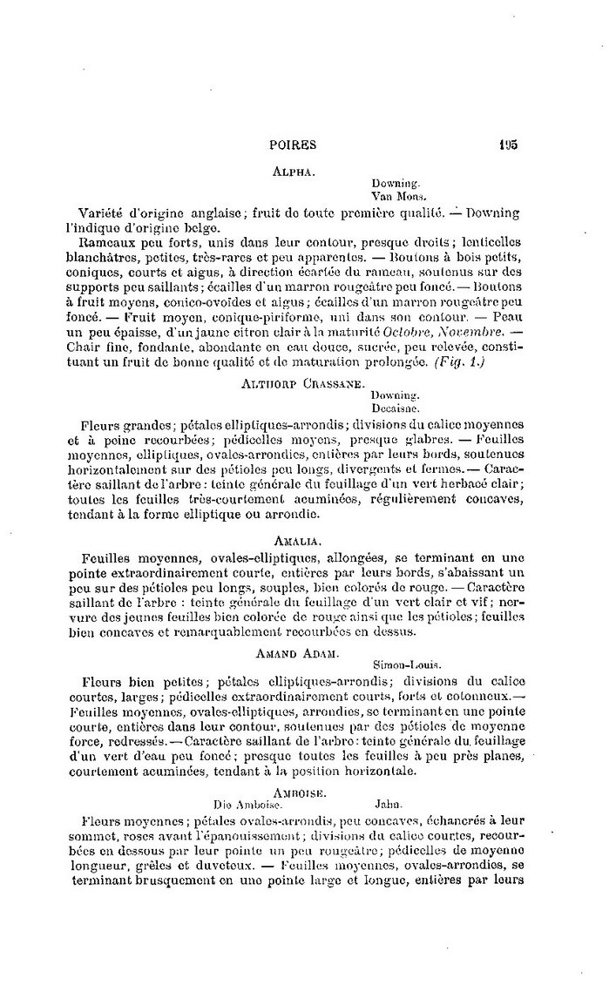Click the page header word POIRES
[x=293, y=145]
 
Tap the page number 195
[x=509, y=145]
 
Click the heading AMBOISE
[x=299, y=792]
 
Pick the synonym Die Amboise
[x=245, y=804]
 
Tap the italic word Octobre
[x=398, y=330]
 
